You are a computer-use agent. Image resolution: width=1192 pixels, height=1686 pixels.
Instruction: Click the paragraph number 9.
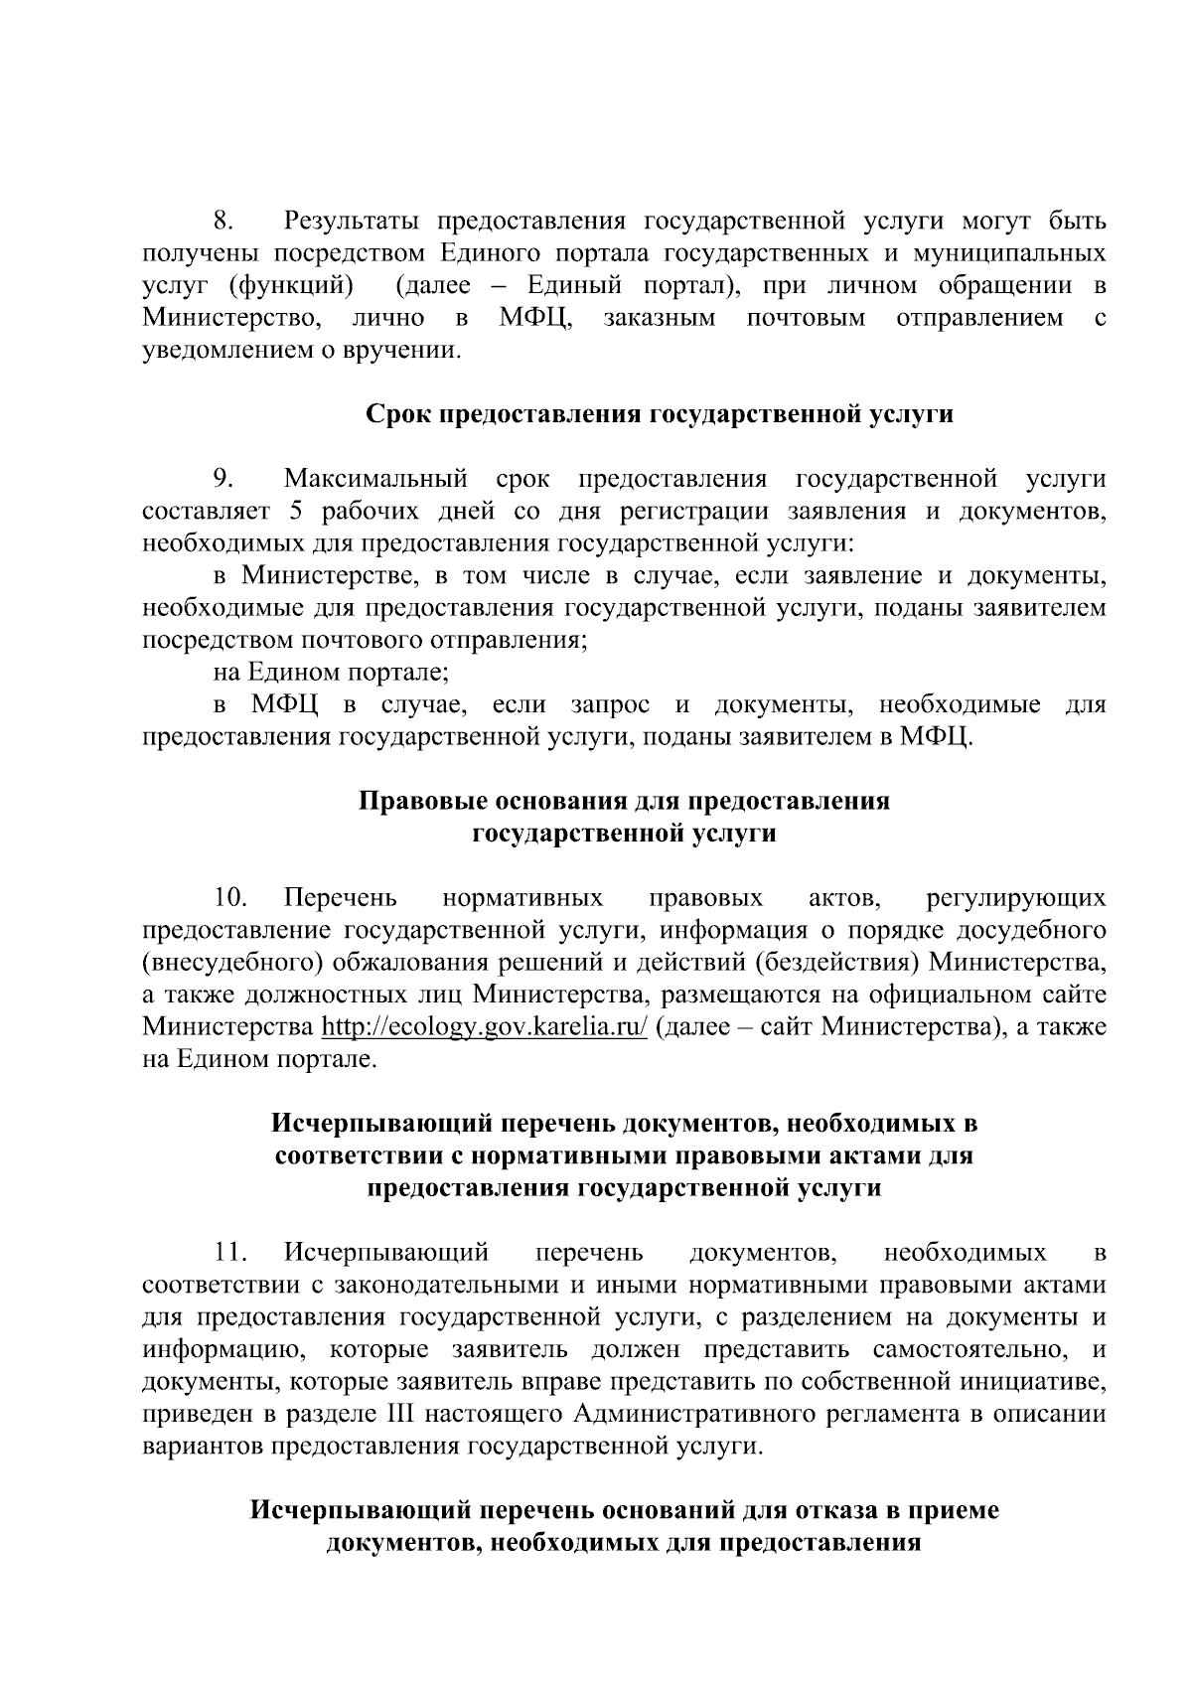click(223, 480)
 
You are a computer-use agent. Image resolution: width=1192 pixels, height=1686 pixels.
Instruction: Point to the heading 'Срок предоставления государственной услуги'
click(660, 414)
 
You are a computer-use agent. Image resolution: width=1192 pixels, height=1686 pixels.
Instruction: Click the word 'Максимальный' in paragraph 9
click(375, 480)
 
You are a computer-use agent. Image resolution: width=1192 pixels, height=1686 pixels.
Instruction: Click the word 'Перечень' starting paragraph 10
click(340, 899)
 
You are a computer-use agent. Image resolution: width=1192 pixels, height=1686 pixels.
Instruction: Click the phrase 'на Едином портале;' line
click(331, 673)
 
